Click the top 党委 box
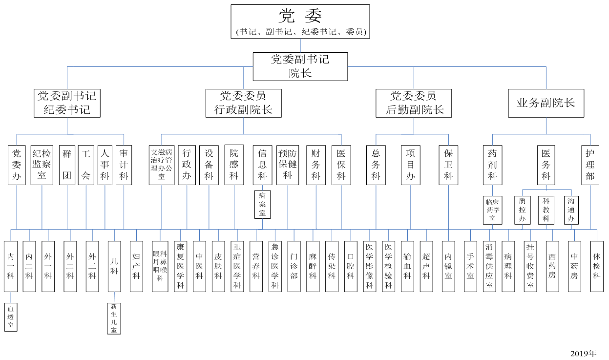coord(300,21)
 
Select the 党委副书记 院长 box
coord(300,66)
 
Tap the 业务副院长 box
coord(546,103)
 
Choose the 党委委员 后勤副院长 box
coord(414,103)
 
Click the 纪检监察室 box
coord(42,165)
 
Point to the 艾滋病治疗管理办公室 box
coord(162,165)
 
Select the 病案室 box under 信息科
coord(262,204)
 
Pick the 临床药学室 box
coord(492,210)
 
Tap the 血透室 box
coord(11,317)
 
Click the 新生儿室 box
coord(114,318)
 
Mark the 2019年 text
coord(583,353)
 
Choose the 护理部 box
coord(590,165)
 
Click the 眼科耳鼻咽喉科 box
coord(160,266)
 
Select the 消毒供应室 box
coord(489,266)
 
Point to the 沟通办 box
coord(571,210)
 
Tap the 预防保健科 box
coord(288,165)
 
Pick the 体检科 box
coord(596,266)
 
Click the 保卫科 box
coord(448,165)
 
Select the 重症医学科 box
coord(237,266)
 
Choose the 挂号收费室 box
coord(530,266)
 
